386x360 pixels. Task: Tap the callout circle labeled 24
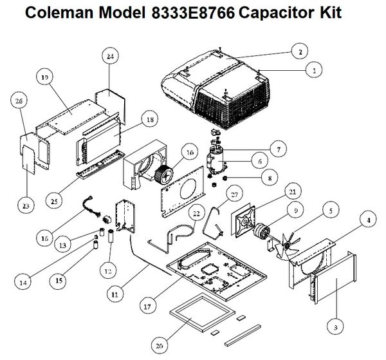click(110, 57)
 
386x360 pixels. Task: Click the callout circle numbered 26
click(17, 100)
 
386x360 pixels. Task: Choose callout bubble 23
click(25, 206)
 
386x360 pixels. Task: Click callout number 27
click(234, 194)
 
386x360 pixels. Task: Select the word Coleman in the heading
click(51, 13)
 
